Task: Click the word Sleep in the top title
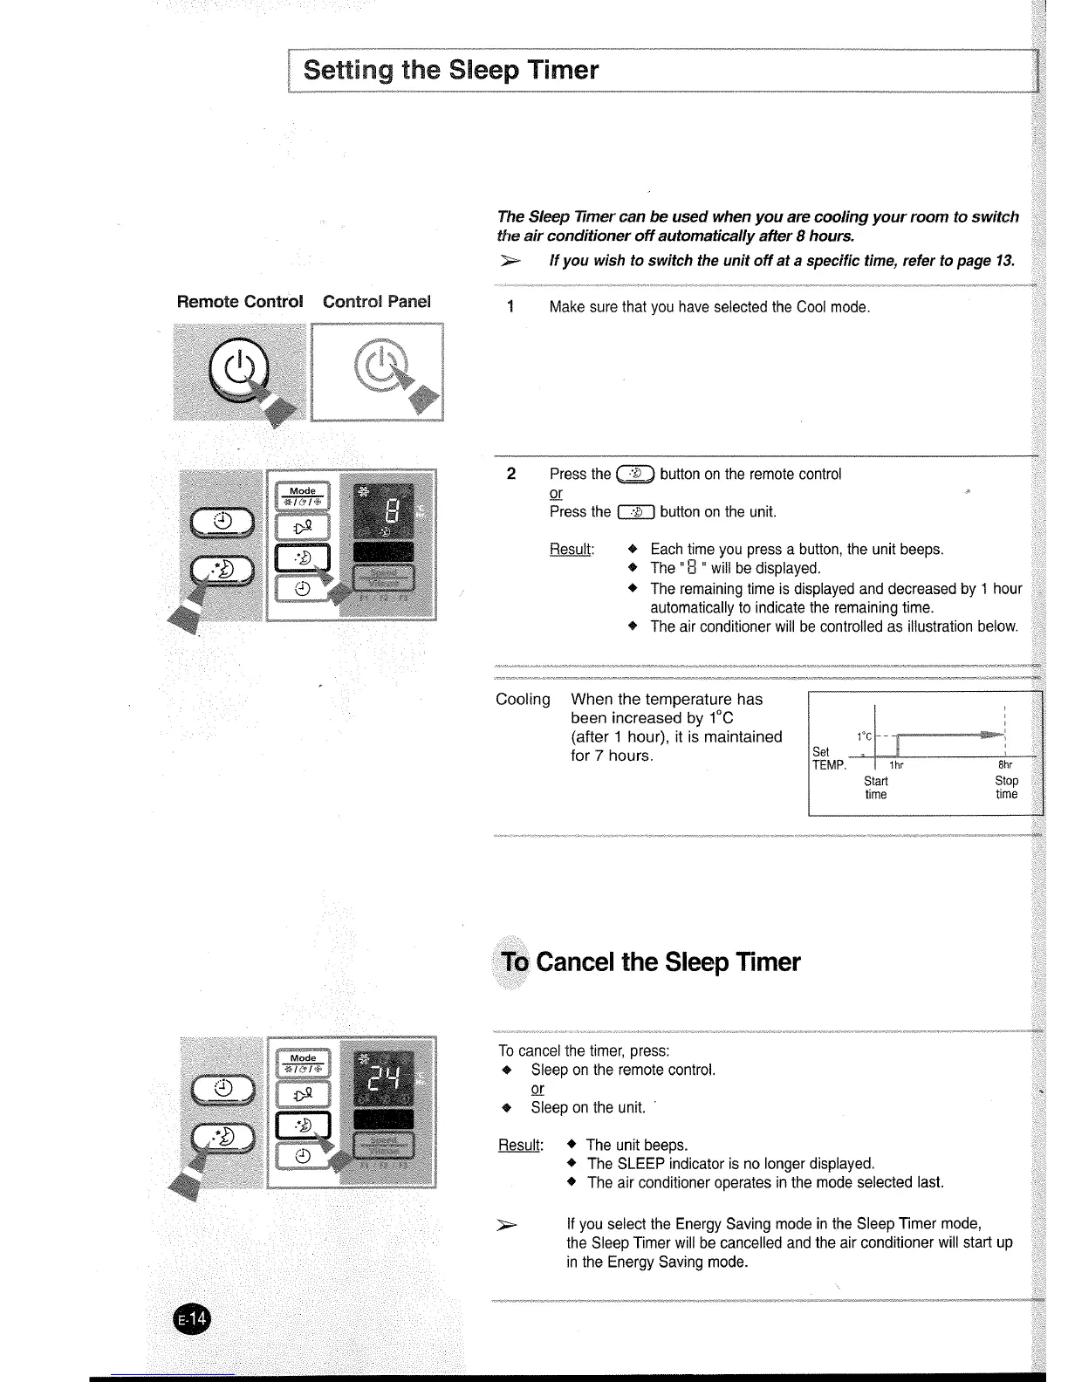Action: pos(485,70)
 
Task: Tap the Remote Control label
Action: pos(240,302)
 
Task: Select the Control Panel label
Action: pos(377,302)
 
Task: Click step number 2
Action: pos(511,474)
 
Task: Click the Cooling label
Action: pos(523,700)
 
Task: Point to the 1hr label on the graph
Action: pos(895,766)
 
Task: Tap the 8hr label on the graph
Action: pos(1004,766)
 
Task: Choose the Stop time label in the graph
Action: pos(1006,787)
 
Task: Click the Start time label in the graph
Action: pos(876,787)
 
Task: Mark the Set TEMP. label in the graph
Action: pos(828,758)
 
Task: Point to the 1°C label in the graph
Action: pos(863,735)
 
